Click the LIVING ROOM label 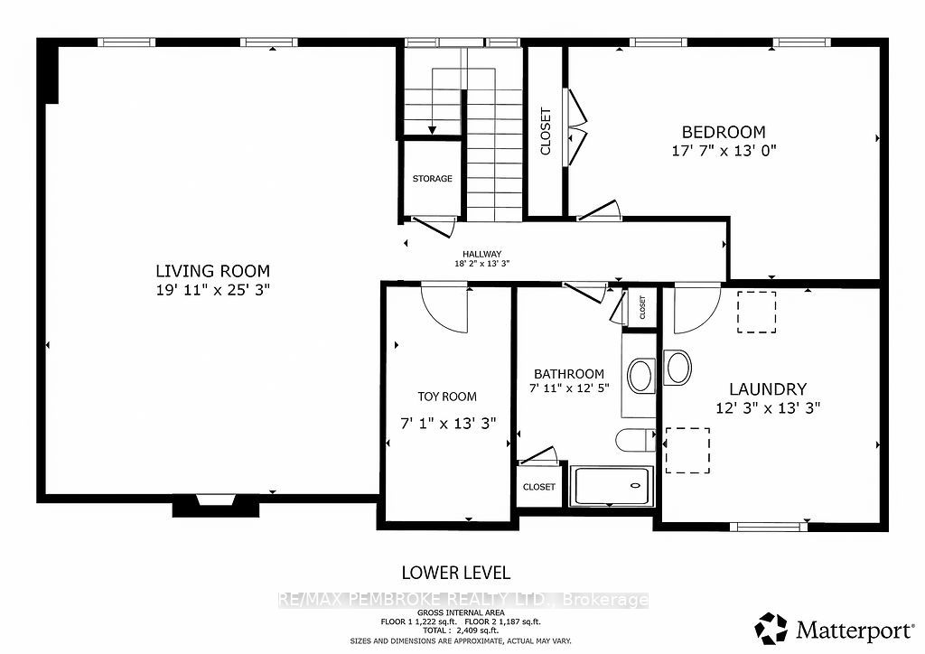pos(213,271)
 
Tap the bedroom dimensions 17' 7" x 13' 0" pos(724,150)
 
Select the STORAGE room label pos(433,179)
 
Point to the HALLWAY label pos(482,254)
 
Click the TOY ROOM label pos(447,397)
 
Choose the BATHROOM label pos(569,374)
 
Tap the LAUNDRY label pos(768,389)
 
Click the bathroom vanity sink pos(640,376)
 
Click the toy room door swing pos(444,307)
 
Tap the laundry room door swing pos(697,308)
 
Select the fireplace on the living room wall pos(216,505)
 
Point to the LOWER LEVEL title pos(456,573)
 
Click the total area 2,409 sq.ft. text pos(461,631)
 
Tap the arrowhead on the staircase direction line pos(433,130)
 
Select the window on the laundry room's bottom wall pos(768,527)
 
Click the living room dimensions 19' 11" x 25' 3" pos(213,290)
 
